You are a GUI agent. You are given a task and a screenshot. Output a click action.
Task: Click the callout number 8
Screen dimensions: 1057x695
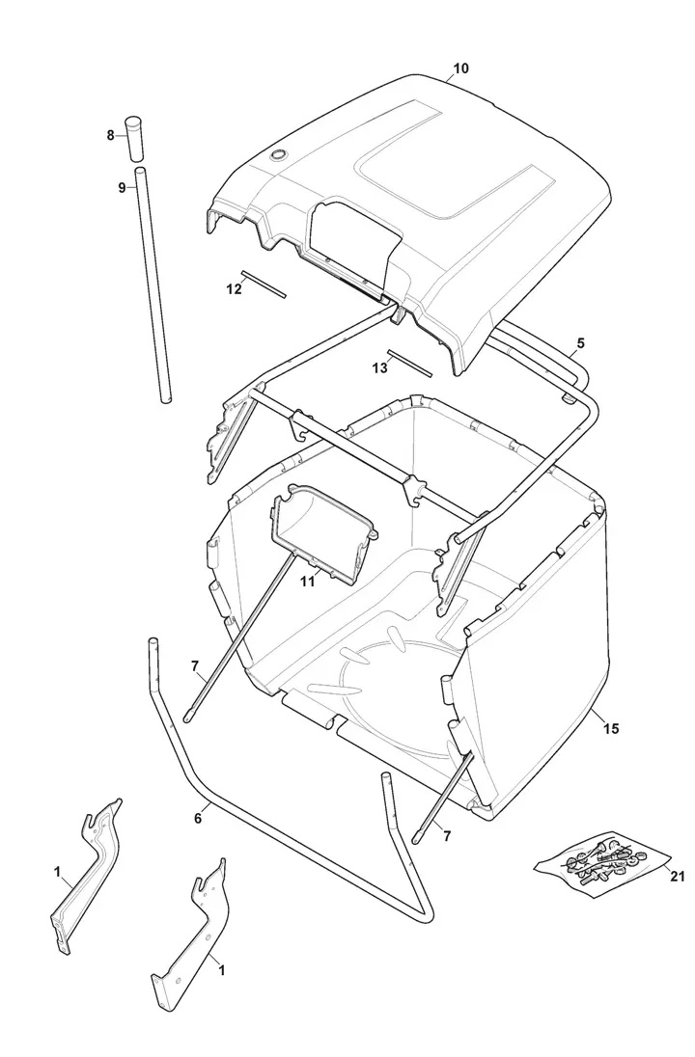pos(110,135)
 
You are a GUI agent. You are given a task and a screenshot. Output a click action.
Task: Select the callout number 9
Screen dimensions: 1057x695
pos(123,187)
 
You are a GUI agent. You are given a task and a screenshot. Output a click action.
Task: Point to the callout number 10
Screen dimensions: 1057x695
pos(460,68)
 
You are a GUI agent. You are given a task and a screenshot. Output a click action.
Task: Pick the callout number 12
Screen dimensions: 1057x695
pos(234,288)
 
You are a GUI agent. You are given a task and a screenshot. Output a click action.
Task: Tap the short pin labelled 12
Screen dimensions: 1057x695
pos(264,285)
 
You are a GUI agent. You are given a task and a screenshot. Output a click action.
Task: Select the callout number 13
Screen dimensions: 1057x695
pos(379,367)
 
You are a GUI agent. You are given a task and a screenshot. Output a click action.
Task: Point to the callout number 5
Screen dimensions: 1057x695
pos(580,342)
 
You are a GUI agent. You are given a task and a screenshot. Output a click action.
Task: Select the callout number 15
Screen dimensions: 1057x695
pos(611,729)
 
